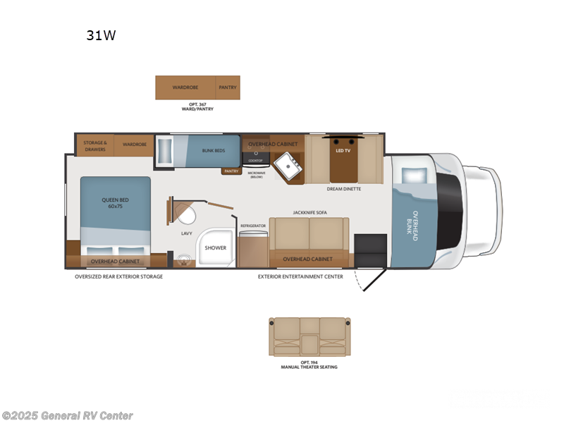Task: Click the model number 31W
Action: (101, 36)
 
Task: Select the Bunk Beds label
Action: (212, 150)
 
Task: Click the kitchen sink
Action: (289, 166)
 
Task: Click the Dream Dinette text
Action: (345, 189)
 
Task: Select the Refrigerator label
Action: (253, 226)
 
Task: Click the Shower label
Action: (216, 248)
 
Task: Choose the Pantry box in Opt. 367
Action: (227, 87)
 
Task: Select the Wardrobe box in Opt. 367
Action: (185, 87)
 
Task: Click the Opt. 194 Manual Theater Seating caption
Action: (309, 364)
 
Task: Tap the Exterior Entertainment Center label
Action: (300, 276)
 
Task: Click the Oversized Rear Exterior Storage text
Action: (119, 276)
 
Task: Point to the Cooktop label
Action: (255, 160)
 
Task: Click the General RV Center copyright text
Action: (68, 416)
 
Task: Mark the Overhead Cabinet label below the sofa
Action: (307, 259)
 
